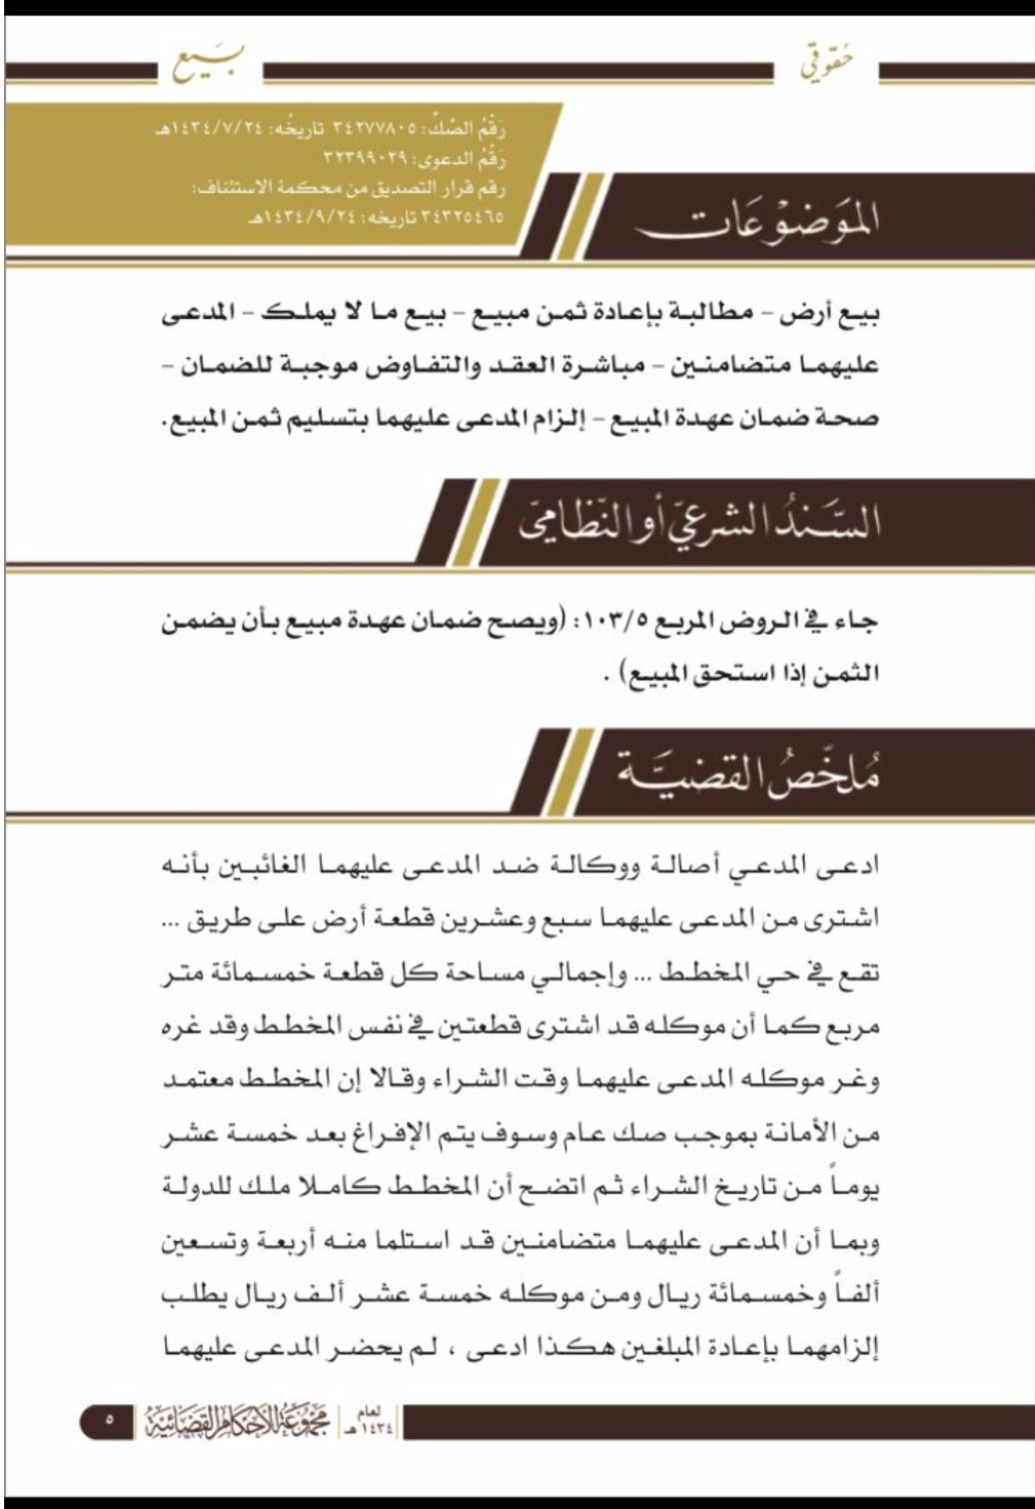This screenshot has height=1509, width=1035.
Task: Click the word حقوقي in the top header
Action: pos(827,67)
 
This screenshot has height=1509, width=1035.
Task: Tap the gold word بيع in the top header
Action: pos(208,66)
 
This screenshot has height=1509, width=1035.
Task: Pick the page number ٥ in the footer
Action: pos(109,1419)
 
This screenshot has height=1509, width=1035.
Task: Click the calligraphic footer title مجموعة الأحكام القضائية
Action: pos(237,1419)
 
